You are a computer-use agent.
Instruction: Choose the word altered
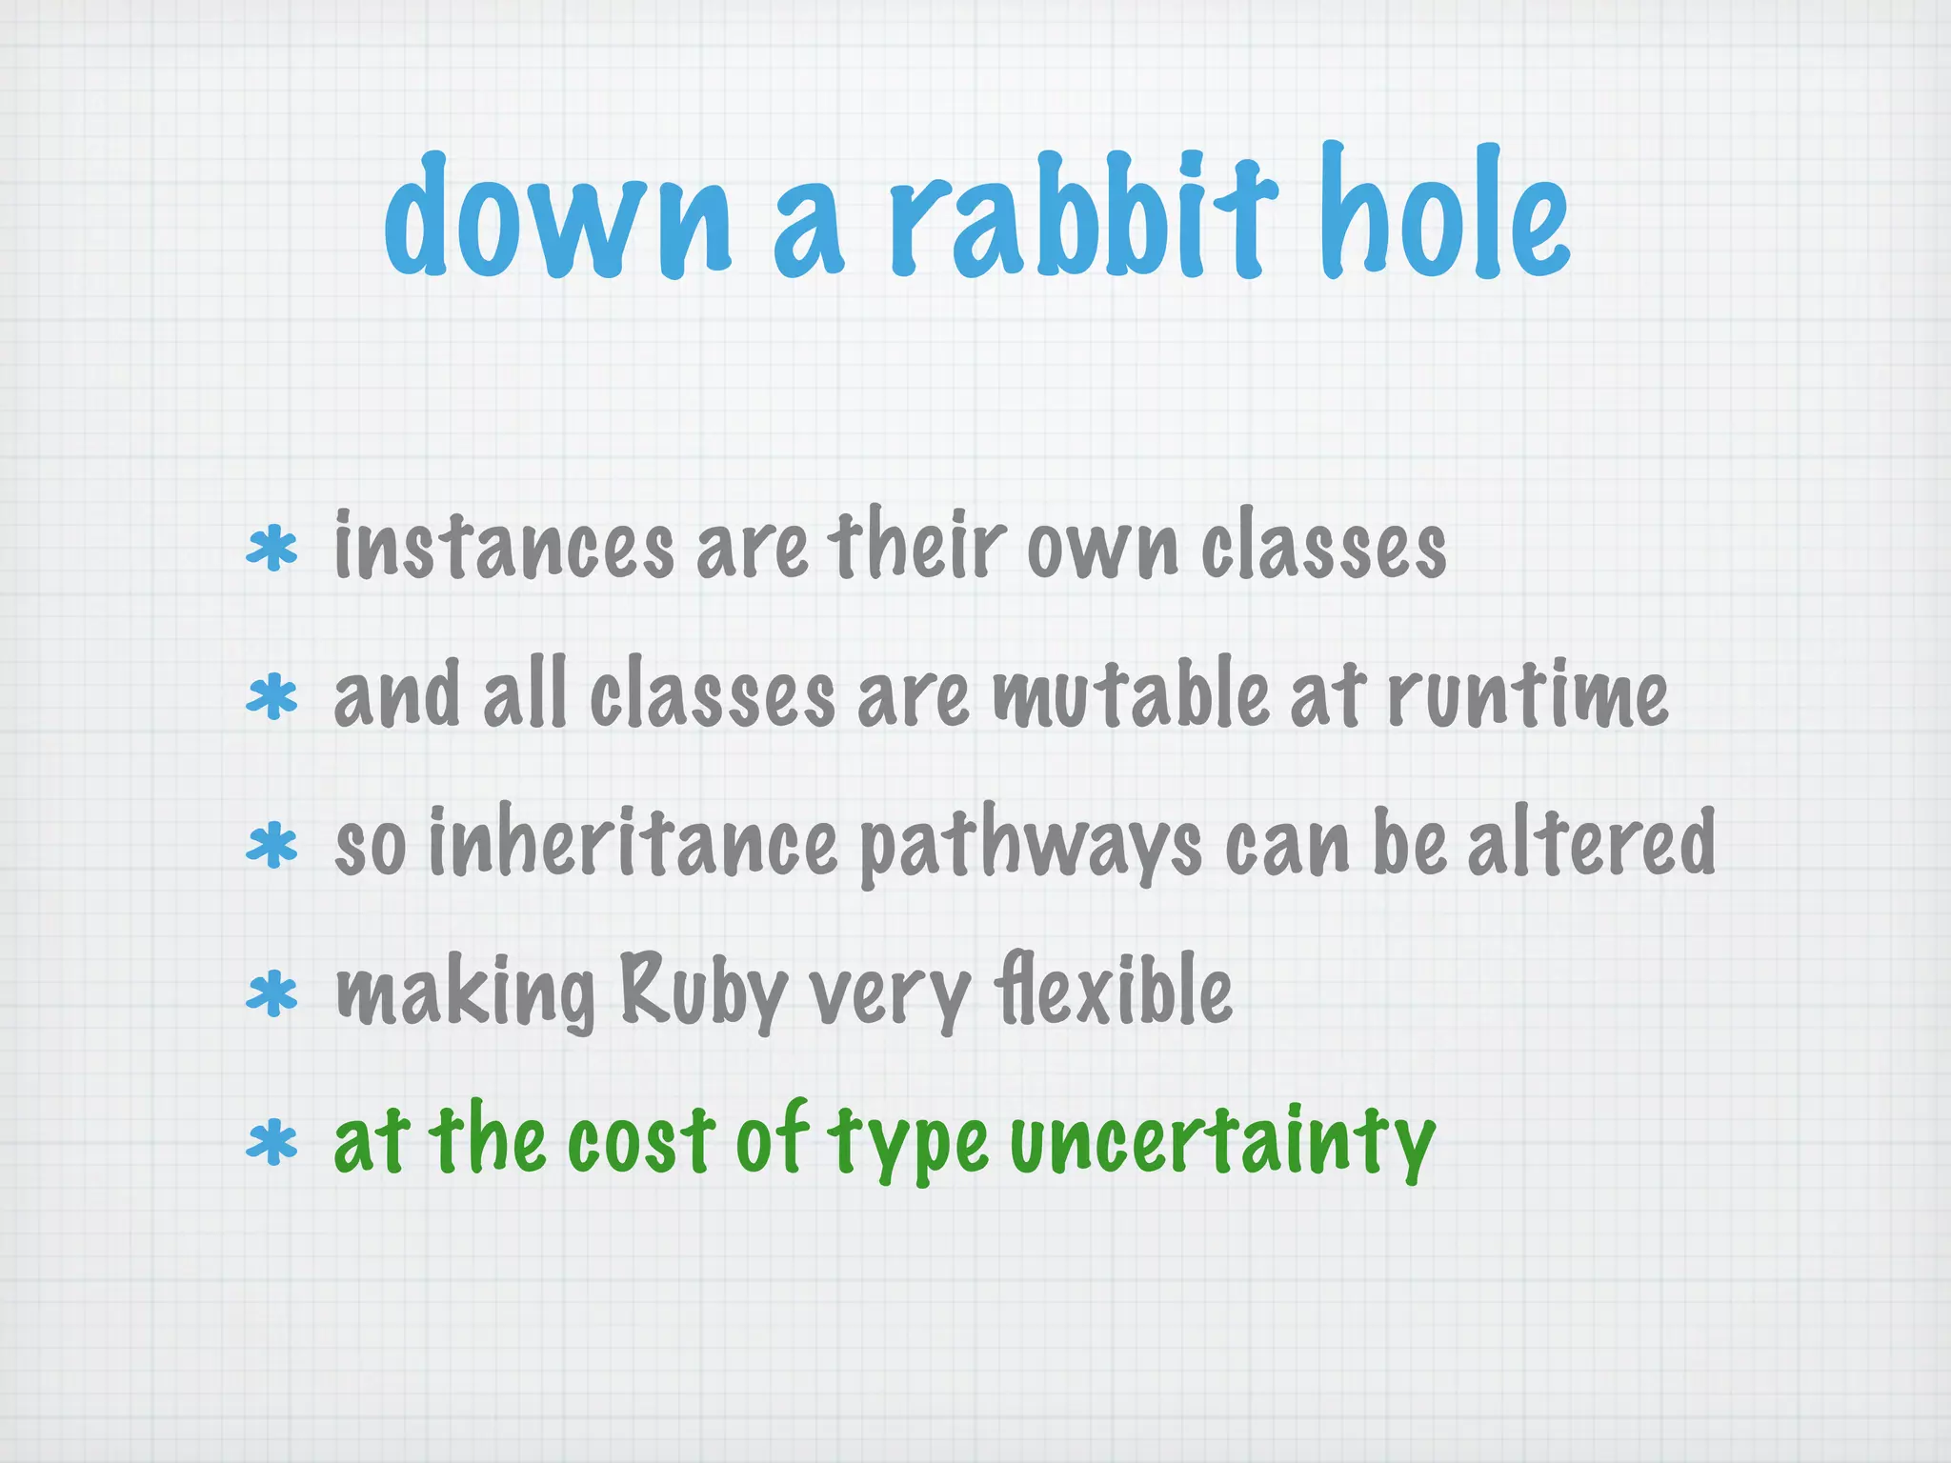point(1591,842)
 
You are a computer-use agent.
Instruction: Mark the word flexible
point(1113,991)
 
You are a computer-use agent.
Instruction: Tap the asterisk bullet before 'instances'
point(272,550)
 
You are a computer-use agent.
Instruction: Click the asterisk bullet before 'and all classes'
point(272,697)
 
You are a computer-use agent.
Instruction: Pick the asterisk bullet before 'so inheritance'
point(272,846)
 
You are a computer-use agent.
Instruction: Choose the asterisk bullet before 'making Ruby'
point(272,994)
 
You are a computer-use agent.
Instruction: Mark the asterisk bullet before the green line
point(272,1143)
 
